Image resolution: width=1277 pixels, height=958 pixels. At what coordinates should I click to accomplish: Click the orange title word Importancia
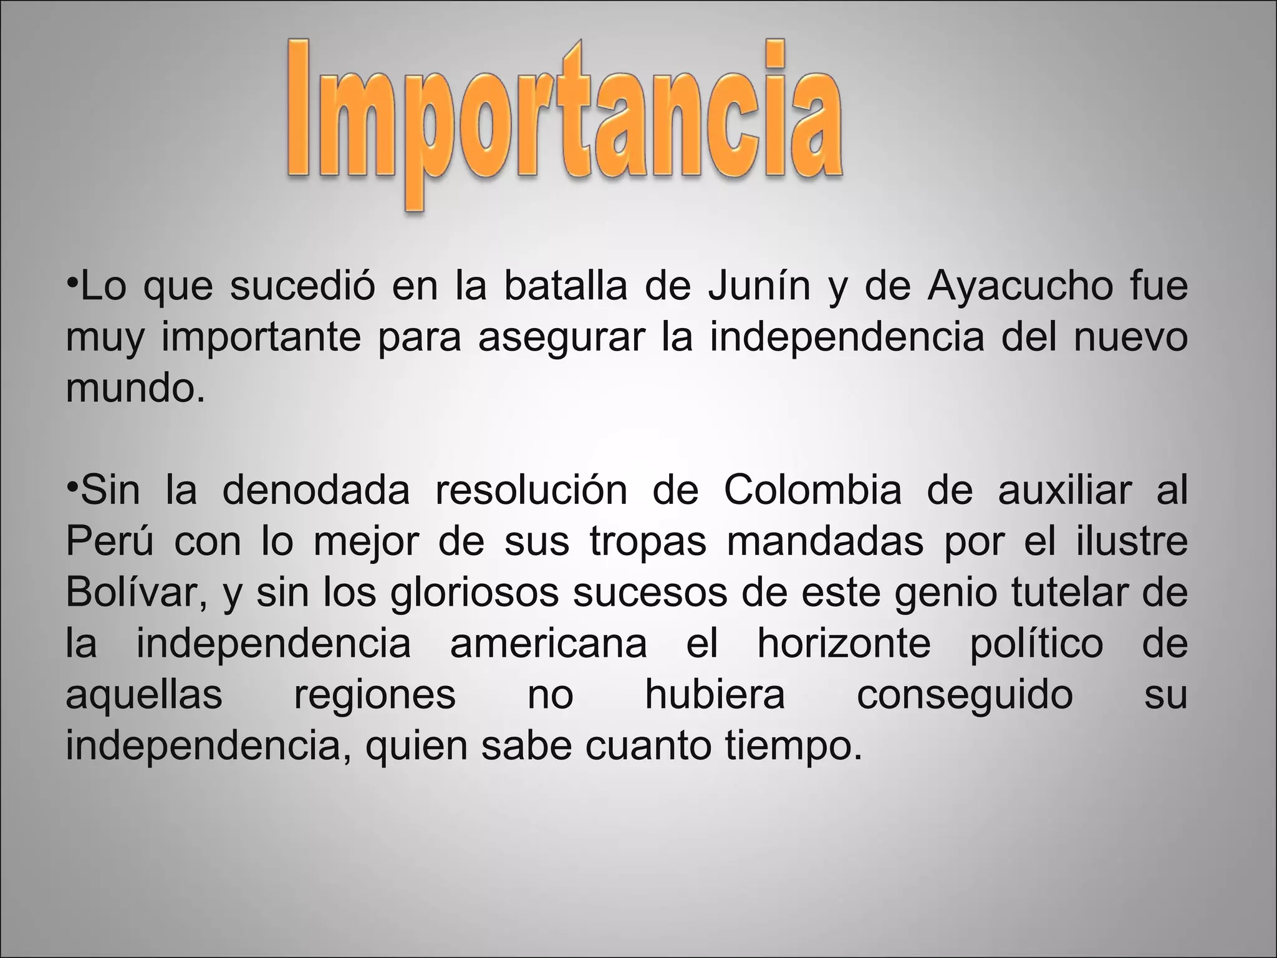point(564,119)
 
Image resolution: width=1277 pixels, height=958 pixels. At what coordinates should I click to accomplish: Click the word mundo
point(135,389)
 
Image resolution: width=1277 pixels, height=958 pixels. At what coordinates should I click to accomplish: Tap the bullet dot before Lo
point(72,278)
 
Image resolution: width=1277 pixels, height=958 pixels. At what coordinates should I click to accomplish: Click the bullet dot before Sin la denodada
point(72,481)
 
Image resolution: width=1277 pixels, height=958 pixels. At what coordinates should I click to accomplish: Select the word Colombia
point(812,491)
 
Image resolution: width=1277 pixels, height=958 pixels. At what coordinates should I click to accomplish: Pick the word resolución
point(531,491)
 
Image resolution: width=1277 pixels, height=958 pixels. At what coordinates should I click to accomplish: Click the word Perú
point(110,542)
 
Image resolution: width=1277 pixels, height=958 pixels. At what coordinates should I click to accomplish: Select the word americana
point(549,644)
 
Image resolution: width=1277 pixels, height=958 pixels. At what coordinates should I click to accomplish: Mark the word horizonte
point(844,644)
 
